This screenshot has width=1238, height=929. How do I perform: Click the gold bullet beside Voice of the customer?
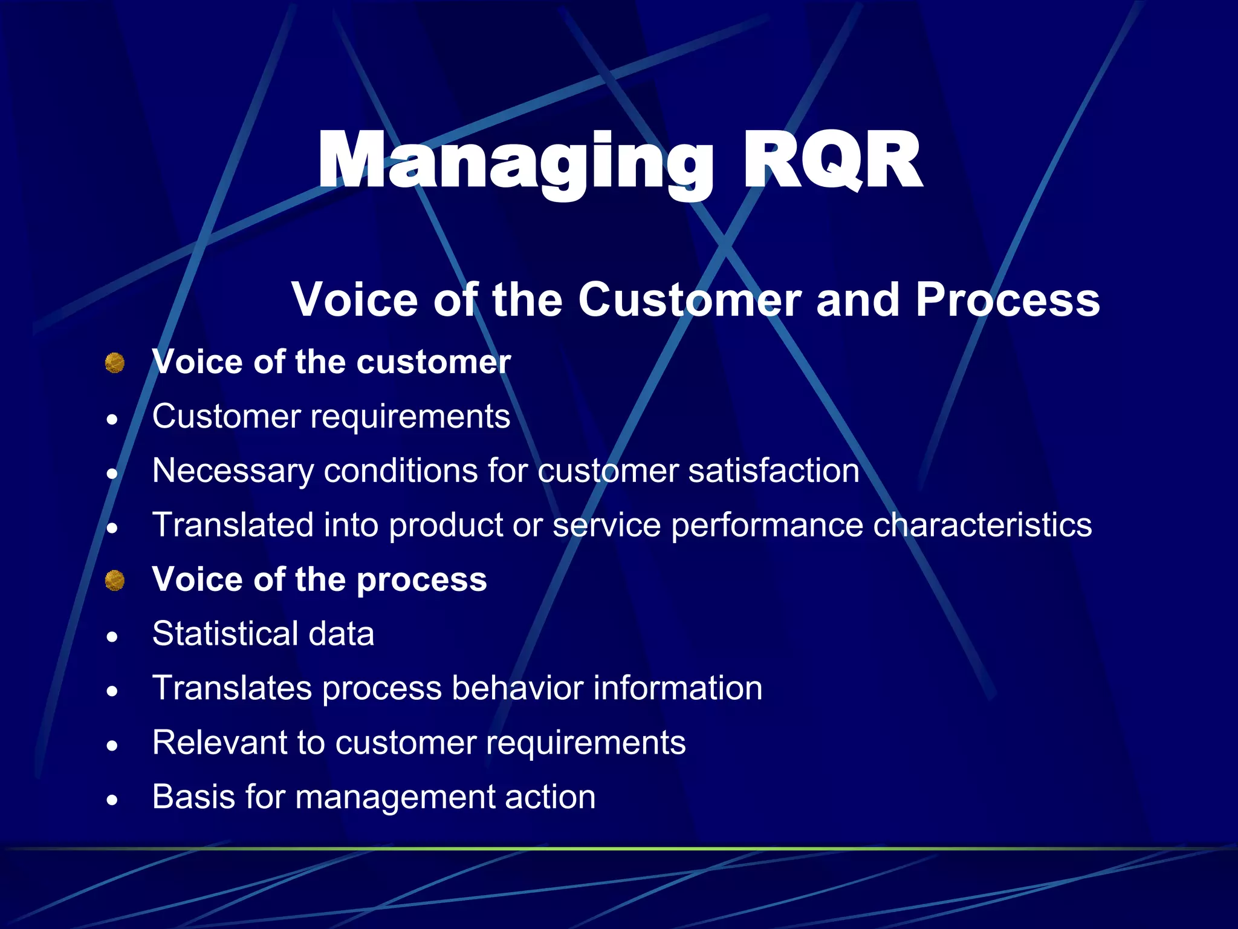(114, 363)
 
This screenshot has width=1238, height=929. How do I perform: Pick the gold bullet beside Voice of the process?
(114, 581)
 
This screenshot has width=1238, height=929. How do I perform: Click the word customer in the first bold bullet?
(433, 362)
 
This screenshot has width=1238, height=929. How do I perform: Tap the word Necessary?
(232, 471)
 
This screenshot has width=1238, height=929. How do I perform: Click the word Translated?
(232, 524)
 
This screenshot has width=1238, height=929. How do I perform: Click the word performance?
(766, 526)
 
